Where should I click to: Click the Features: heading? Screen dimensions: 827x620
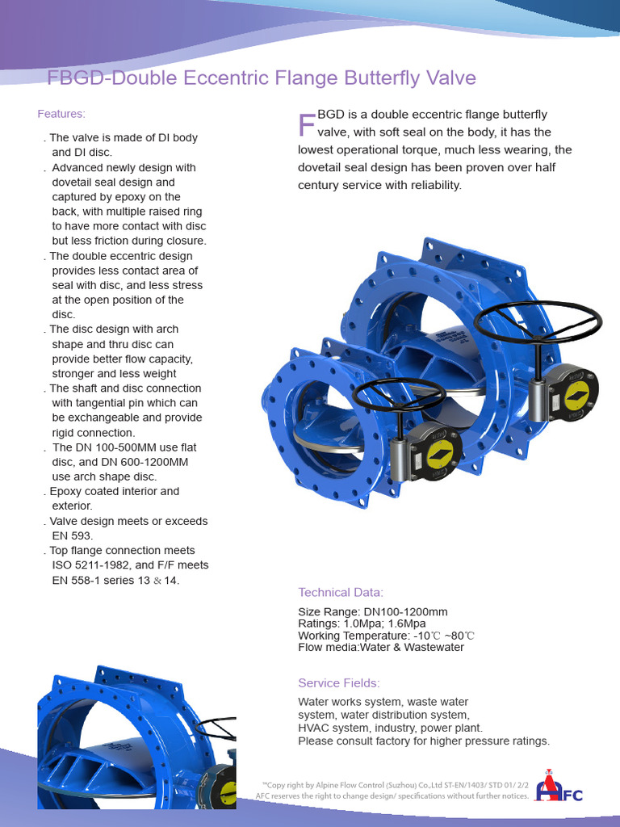[61, 114]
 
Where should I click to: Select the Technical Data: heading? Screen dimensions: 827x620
[341, 592]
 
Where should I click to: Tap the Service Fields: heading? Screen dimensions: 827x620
[338, 683]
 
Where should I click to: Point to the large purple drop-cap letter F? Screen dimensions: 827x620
[307, 125]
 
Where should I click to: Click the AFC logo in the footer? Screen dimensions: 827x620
[561, 786]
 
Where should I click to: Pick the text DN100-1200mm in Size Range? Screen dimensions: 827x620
[408, 612]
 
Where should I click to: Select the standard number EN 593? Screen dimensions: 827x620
[73, 535]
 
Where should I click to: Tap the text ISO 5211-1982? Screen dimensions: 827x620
[90, 565]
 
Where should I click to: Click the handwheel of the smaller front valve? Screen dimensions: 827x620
[399, 394]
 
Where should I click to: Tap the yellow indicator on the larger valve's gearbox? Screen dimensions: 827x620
[576, 396]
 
